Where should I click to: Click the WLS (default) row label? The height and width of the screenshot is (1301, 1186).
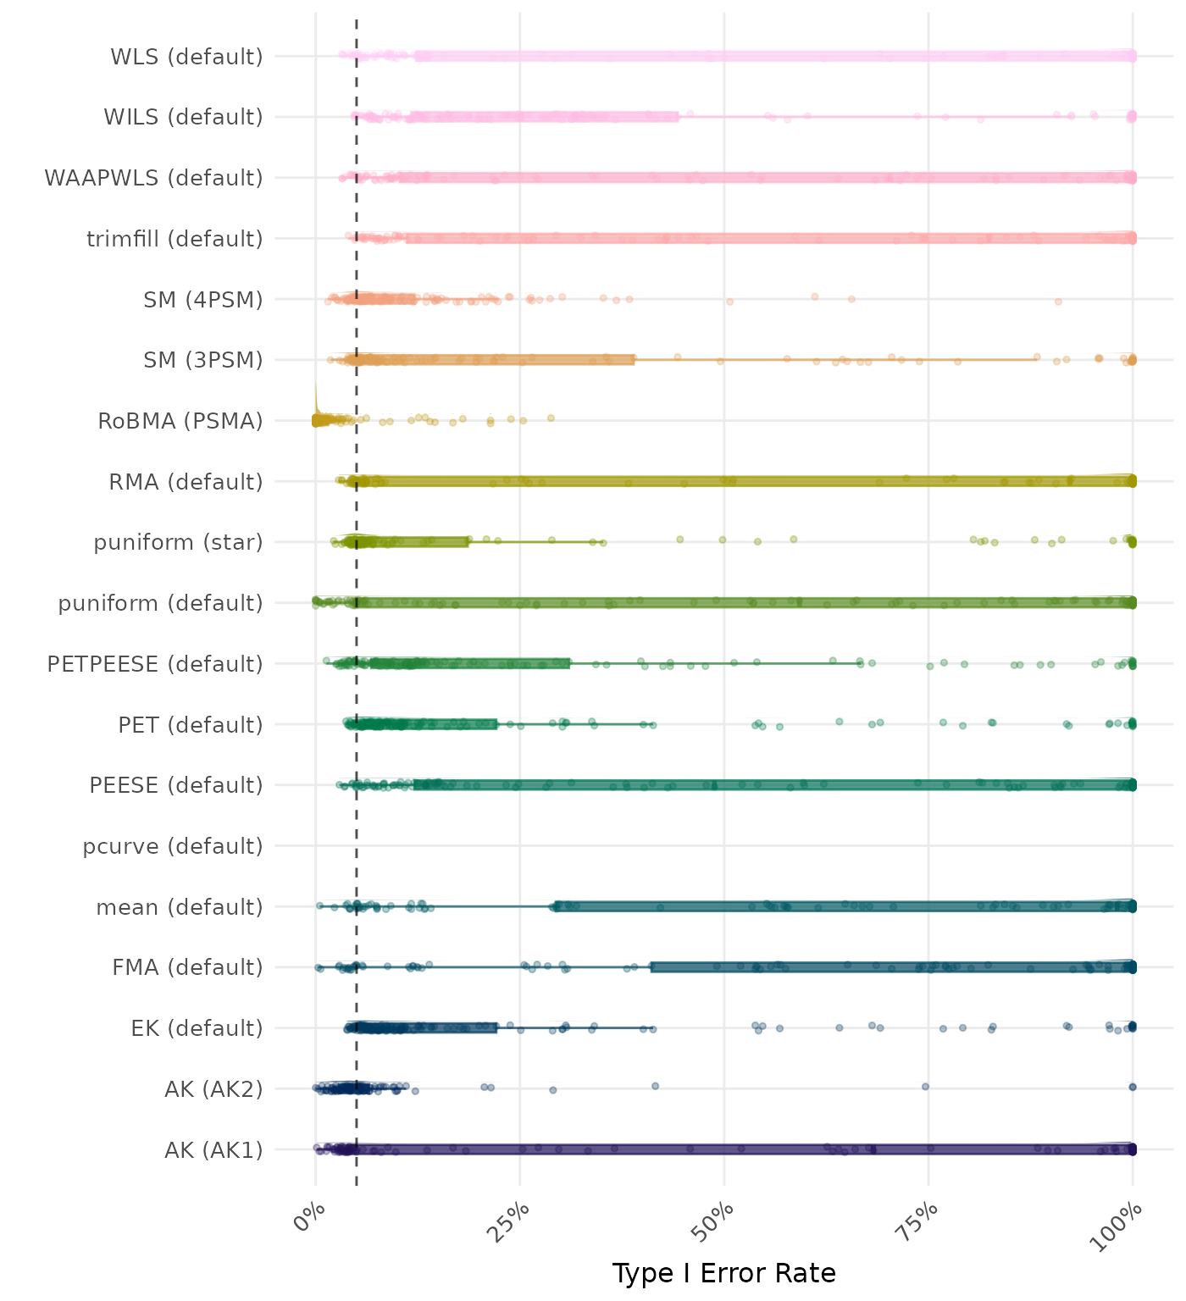click(x=186, y=57)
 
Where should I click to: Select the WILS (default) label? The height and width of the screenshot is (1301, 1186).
click(x=183, y=117)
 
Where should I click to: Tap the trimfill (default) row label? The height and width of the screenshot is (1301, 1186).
click(x=175, y=239)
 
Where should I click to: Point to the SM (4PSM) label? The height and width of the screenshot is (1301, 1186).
click(x=203, y=300)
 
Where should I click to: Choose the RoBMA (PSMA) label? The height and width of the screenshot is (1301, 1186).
click(x=180, y=421)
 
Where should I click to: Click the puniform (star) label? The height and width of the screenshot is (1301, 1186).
click(x=178, y=542)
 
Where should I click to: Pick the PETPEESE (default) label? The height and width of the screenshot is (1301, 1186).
click(x=155, y=664)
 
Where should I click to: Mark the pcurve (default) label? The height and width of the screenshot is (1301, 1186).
click(x=173, y=846)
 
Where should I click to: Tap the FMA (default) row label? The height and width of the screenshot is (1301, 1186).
click(x=187, y=967)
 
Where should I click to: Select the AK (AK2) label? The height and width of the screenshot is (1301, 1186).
click(x=213, y=1088)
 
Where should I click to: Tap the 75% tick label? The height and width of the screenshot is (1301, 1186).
click(x=919, y=1221)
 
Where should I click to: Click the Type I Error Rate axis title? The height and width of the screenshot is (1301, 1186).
click(x=723, y=1273)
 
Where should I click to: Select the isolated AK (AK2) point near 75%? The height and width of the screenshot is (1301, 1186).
click(x=925, y=1086)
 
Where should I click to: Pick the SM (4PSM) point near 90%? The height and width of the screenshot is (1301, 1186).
click(x=1058, y=302)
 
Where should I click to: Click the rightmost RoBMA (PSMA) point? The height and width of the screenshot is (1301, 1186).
click(x=551, y=418)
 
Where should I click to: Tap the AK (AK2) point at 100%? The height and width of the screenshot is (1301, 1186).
click(x=1133, y=1087)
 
